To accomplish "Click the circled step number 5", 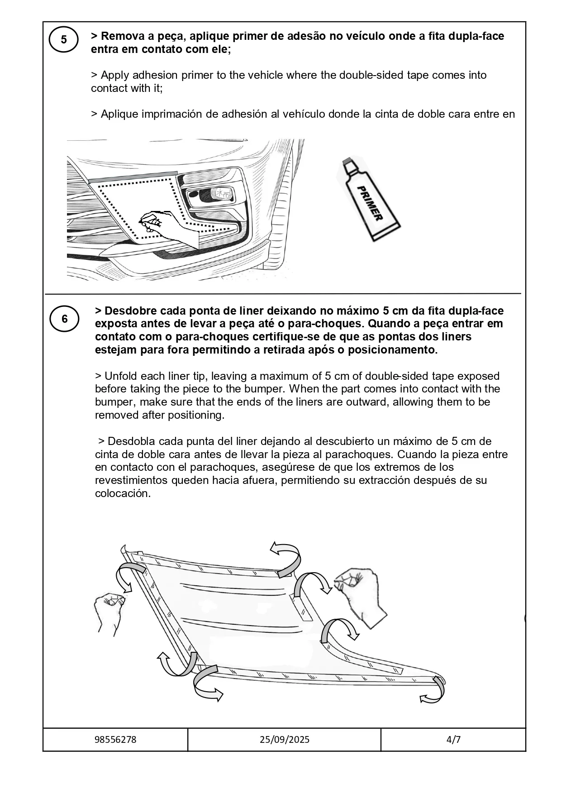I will tap(64, 40).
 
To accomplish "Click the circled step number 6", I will tap(65, 319).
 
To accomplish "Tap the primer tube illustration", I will tap(369, 199).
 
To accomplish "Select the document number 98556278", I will tap(115, 740).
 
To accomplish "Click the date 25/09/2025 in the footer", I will tap(285, 740).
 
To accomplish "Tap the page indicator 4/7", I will tap(453, 740).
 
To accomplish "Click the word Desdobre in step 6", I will tap(128, 311).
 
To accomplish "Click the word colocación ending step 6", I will tap(122, 493).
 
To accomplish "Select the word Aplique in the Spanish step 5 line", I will tap(119, 114).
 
